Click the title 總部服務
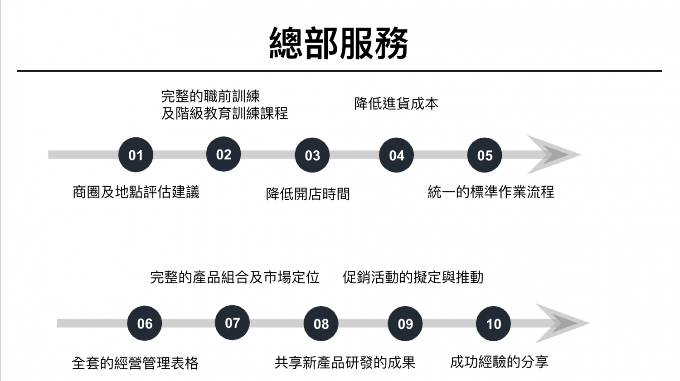[339, 43]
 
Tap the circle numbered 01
[136, 155]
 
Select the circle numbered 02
[223, 154]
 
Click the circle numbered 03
[312, 155]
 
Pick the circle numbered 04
[396, 155]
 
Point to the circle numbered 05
[485, 155]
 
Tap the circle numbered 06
[145, 323]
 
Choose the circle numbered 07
[232, 323]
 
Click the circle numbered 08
[321, 324]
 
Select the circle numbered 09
[405, 324]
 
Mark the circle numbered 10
[493, 324]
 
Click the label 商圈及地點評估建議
[136, 192]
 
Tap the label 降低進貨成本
[396, 104]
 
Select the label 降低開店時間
[308, 194]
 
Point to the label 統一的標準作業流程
[491, 192]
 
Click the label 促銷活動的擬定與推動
[413, 277]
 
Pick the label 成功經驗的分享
[499, 362]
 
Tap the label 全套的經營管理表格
[135, 363]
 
